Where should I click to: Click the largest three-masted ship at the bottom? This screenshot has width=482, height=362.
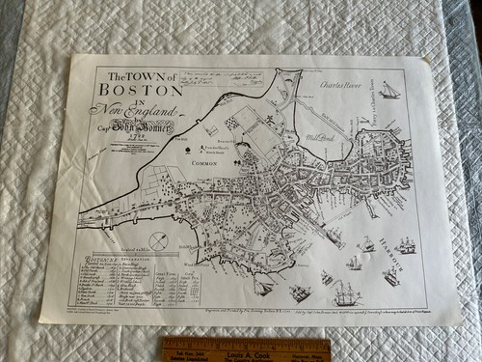[343, 292]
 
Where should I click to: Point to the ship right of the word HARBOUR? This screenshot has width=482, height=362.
[407, 245]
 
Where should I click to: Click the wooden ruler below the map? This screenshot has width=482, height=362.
[246, 348]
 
